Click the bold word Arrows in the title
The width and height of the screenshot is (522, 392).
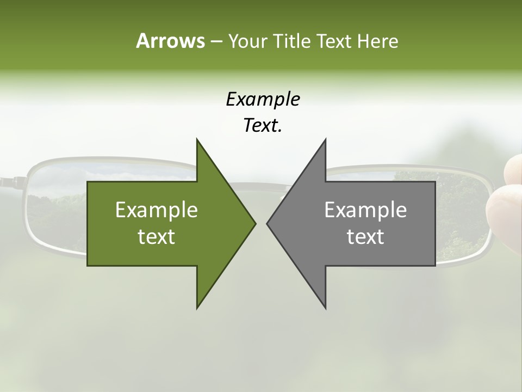pyautogui.click(x=170, y=41)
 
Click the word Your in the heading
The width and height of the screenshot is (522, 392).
pyautogui.click(x=246, y=41)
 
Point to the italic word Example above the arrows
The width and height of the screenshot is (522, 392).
pyautogui.click(x=263, y=99)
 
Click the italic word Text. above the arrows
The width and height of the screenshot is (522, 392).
pyautogui.click(x=263, y=126)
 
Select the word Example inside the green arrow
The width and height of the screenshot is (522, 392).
pyautogui.click(x=157, y=210)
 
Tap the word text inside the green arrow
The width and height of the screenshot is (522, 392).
pyautogui.click(x=157, y=237)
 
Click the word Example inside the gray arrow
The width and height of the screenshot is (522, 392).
pyautogui.click(x=365, y=210)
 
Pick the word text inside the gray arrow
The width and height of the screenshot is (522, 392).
pyautogui.click(x=365, y=237)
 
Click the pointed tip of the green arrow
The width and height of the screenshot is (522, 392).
pyautogui.click(x=256, y=223)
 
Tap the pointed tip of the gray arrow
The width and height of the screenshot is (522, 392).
pyautogui.click(x=267, y=223)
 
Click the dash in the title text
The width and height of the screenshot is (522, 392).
pyautogui.click(x=215, y=41)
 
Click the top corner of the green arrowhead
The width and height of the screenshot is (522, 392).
pyautogui.click(x=197, y=139)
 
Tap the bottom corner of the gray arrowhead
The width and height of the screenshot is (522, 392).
pyautogui.click(x=326, y=308)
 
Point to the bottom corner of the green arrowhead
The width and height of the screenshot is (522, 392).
pyautogui.click(x=197, y=308)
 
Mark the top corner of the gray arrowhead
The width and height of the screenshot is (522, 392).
pyautogui.click(x=326, y=139)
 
